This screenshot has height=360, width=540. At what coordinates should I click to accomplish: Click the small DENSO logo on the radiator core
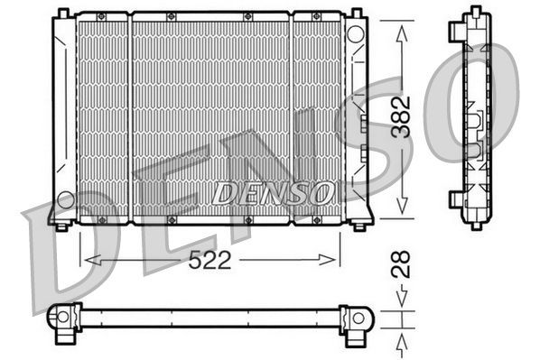coord(272,192)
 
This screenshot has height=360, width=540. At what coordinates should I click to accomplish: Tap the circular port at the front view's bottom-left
coord(66,198)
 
